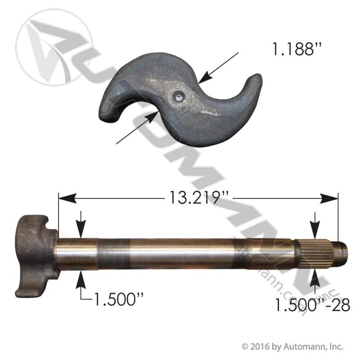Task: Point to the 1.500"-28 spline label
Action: tap(312, 305)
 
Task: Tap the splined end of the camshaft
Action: tap(314, 253)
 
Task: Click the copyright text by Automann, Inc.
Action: tap(292, 346)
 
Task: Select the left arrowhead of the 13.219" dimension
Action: tap(67, 198)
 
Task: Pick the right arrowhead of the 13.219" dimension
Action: tap(329, 198)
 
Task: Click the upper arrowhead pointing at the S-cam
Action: tap(205, 77)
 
